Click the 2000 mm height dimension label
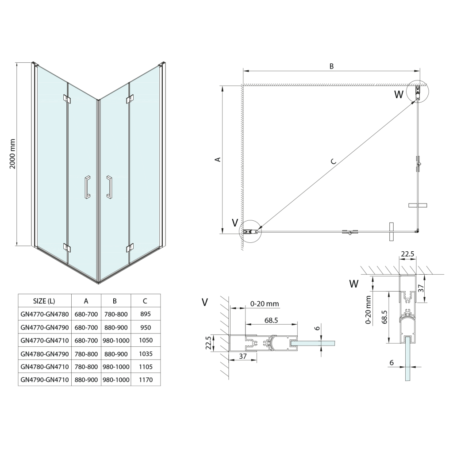point(13,153)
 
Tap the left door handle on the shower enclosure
point(88,187)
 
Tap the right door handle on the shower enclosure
point(109,187)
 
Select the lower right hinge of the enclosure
point(130,247)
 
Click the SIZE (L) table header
point(44,301)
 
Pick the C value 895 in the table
point(145,314)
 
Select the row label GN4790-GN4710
point(45,379)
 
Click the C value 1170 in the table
point(145,379)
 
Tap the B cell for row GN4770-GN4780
point(115,314)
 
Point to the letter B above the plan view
point(331,66)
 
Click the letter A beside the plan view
point(217,159)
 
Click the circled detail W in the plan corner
point(418,92)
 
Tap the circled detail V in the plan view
point(250,231)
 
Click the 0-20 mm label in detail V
point(265,303)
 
